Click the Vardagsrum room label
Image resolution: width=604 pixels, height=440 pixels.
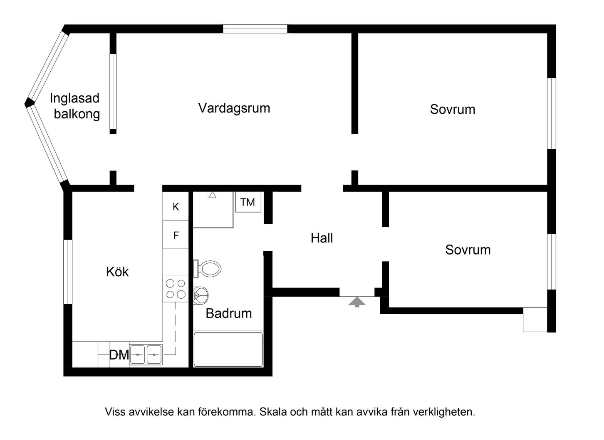tap(234, 108)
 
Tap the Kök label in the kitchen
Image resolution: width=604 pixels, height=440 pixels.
tap(117, 271)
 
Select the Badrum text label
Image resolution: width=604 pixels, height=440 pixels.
tap(229, 313)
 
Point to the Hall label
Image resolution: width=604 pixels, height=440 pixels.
tap(322, 238)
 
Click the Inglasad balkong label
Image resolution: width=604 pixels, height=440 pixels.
tap(75, 106)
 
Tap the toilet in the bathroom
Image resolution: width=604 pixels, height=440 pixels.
tap(207, 269)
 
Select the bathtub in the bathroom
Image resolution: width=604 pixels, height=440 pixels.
tap(228, 349)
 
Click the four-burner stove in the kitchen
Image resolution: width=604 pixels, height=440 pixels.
tap(176, 289)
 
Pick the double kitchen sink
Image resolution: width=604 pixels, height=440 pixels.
tap(146, 355)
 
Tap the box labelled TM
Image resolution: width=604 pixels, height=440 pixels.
tap(248, 202)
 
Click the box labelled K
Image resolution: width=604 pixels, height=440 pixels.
tap(176, 207)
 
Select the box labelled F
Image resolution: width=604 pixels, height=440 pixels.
tap(176, 235)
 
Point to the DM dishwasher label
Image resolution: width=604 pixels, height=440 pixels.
tap(119, 355)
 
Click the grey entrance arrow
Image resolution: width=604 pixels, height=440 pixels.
tap(357, 302)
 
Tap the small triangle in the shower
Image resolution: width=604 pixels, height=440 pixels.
tap(213, 195)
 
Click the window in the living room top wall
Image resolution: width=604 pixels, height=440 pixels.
tap(255, 29)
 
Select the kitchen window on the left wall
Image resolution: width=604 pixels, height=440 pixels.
tap(68, 272)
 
